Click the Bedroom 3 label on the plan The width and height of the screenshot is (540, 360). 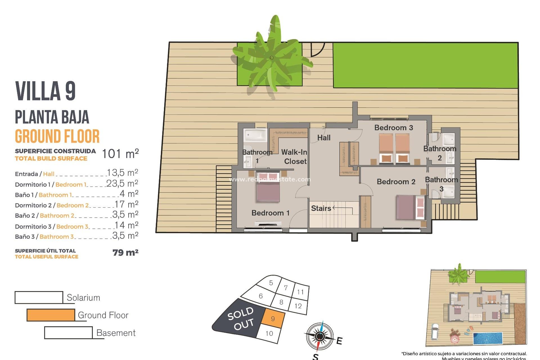tap(393, 128)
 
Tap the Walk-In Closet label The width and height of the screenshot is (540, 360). tap(294, 157)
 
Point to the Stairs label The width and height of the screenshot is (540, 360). tap(321, 208)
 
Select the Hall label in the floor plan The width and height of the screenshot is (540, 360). tap(324, 138)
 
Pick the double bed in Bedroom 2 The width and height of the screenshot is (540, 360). tap(410, 207)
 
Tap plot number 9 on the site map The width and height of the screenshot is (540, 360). tap(273, 319)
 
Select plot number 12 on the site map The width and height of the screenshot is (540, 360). tap(298, 306)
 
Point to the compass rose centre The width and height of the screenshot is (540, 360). tap(319, 336)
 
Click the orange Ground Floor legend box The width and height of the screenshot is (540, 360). tap(51, 315)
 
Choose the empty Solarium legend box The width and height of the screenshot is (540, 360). tap(39, 298)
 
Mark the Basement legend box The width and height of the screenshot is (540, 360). tap(68, 333)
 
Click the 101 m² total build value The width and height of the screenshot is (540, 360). tap(120, 154)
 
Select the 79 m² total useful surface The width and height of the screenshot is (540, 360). tap(125, 253)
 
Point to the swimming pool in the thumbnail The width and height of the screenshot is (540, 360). tap(488, 338)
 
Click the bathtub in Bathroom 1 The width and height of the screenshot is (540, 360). tap(255, 135)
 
